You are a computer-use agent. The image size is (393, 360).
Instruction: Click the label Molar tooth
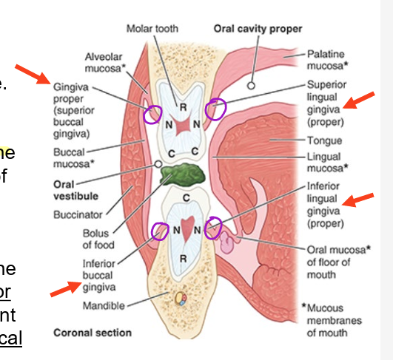pos(152,29)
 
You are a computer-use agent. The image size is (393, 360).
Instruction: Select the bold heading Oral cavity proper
pos(258,29)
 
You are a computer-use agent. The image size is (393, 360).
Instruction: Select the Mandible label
pos(104,305)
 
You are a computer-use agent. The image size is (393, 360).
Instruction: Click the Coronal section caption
pos(93,333)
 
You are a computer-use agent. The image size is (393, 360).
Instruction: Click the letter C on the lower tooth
pos(186,197)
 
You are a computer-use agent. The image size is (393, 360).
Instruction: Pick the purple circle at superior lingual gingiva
pos(217,109)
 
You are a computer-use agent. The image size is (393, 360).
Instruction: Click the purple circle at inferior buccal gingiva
pos(159,233)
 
